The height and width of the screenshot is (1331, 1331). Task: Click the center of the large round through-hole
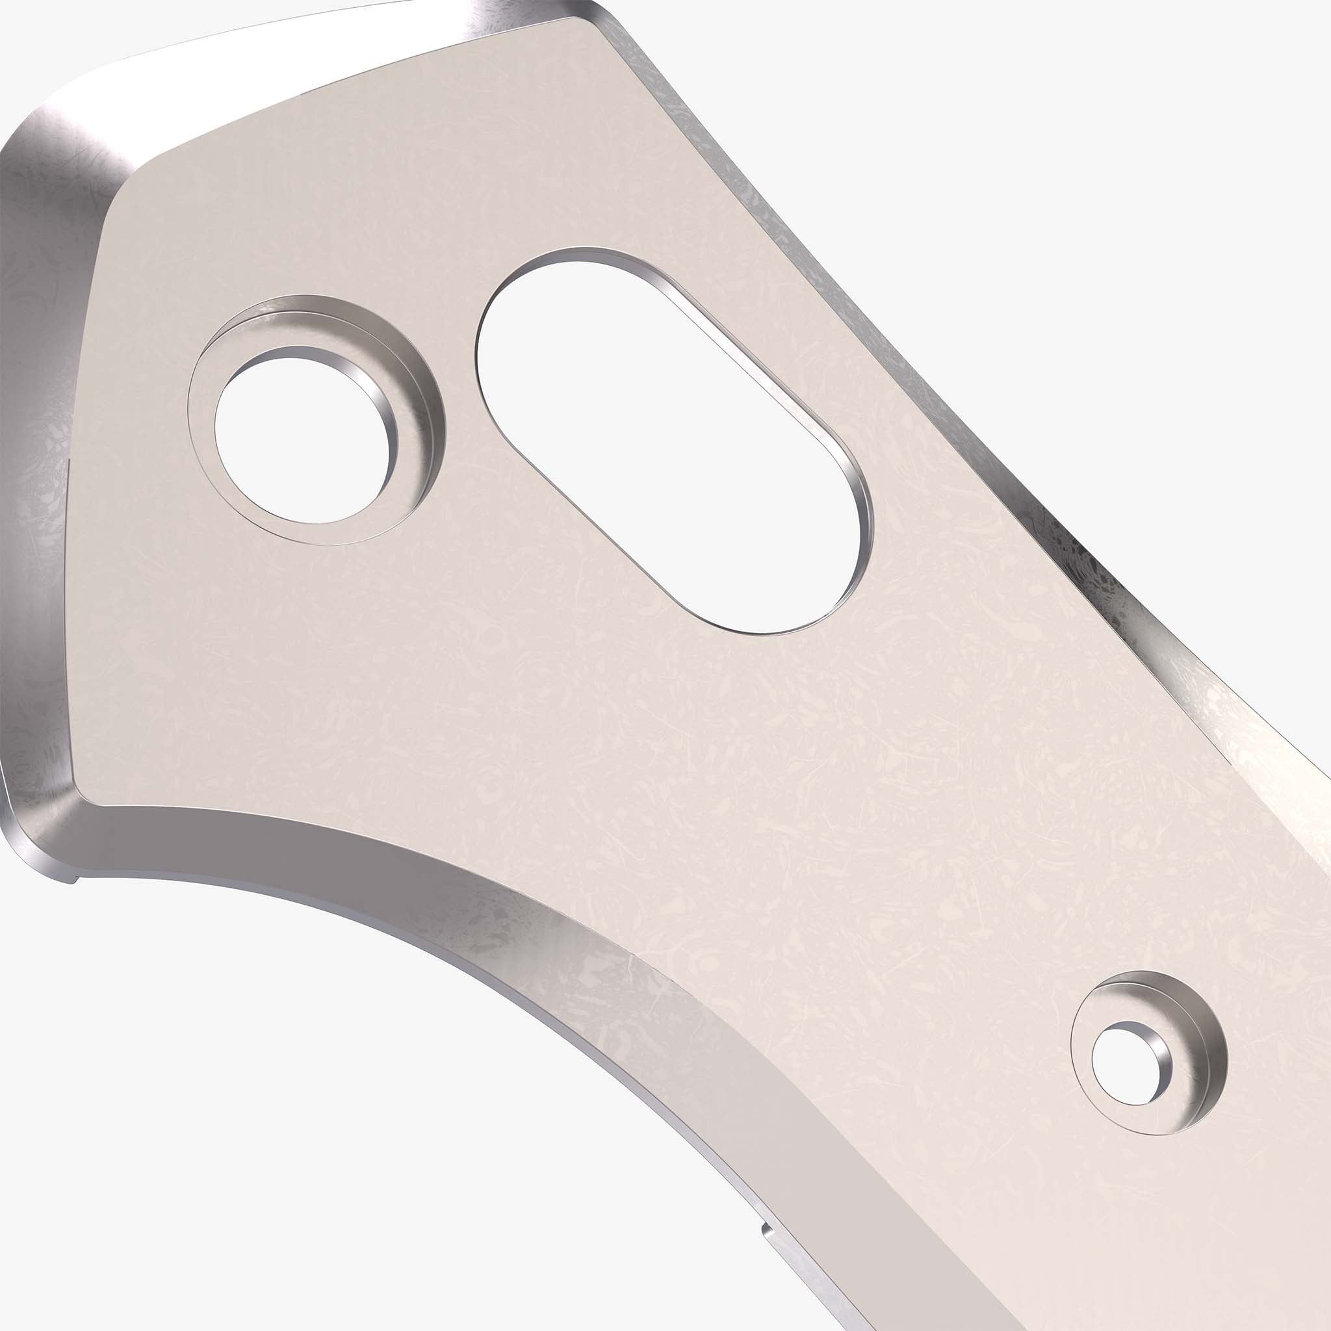pyautogui.click(x=301, y=439)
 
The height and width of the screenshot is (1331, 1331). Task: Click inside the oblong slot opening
pyautogui.click(x=654, y=441)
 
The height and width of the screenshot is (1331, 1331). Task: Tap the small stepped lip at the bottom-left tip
pyautogui.click(x=69, y=879)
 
